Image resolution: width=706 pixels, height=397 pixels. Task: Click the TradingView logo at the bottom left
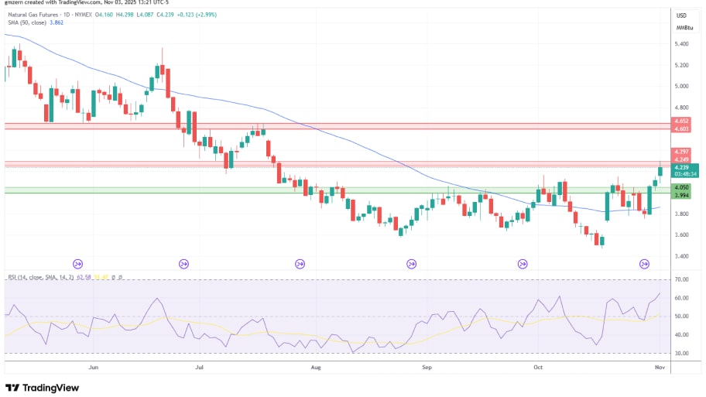pos(43,388)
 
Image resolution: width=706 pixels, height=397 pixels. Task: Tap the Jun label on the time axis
pos(94,369)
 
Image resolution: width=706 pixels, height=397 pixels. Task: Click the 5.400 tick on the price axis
pos(683,44)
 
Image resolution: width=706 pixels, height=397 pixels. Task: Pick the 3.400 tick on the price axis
pos(683,256)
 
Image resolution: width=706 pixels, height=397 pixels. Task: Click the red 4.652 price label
pos(682,121)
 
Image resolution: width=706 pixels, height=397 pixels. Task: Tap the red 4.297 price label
pos(682,151)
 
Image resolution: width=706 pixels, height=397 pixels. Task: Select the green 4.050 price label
pos(682,187)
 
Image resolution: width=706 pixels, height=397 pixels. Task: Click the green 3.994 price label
pos(682,195)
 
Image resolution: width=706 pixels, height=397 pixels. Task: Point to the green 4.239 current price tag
pos(682,167)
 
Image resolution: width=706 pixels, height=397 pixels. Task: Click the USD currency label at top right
pos(682,15)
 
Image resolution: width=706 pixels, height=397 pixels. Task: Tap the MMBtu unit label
pos(684,27)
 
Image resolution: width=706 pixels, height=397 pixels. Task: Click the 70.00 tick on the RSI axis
pos(682,279)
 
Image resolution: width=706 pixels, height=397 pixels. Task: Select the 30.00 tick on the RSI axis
pos(682,354)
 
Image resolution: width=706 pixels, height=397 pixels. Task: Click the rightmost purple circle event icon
pos(644,264)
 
